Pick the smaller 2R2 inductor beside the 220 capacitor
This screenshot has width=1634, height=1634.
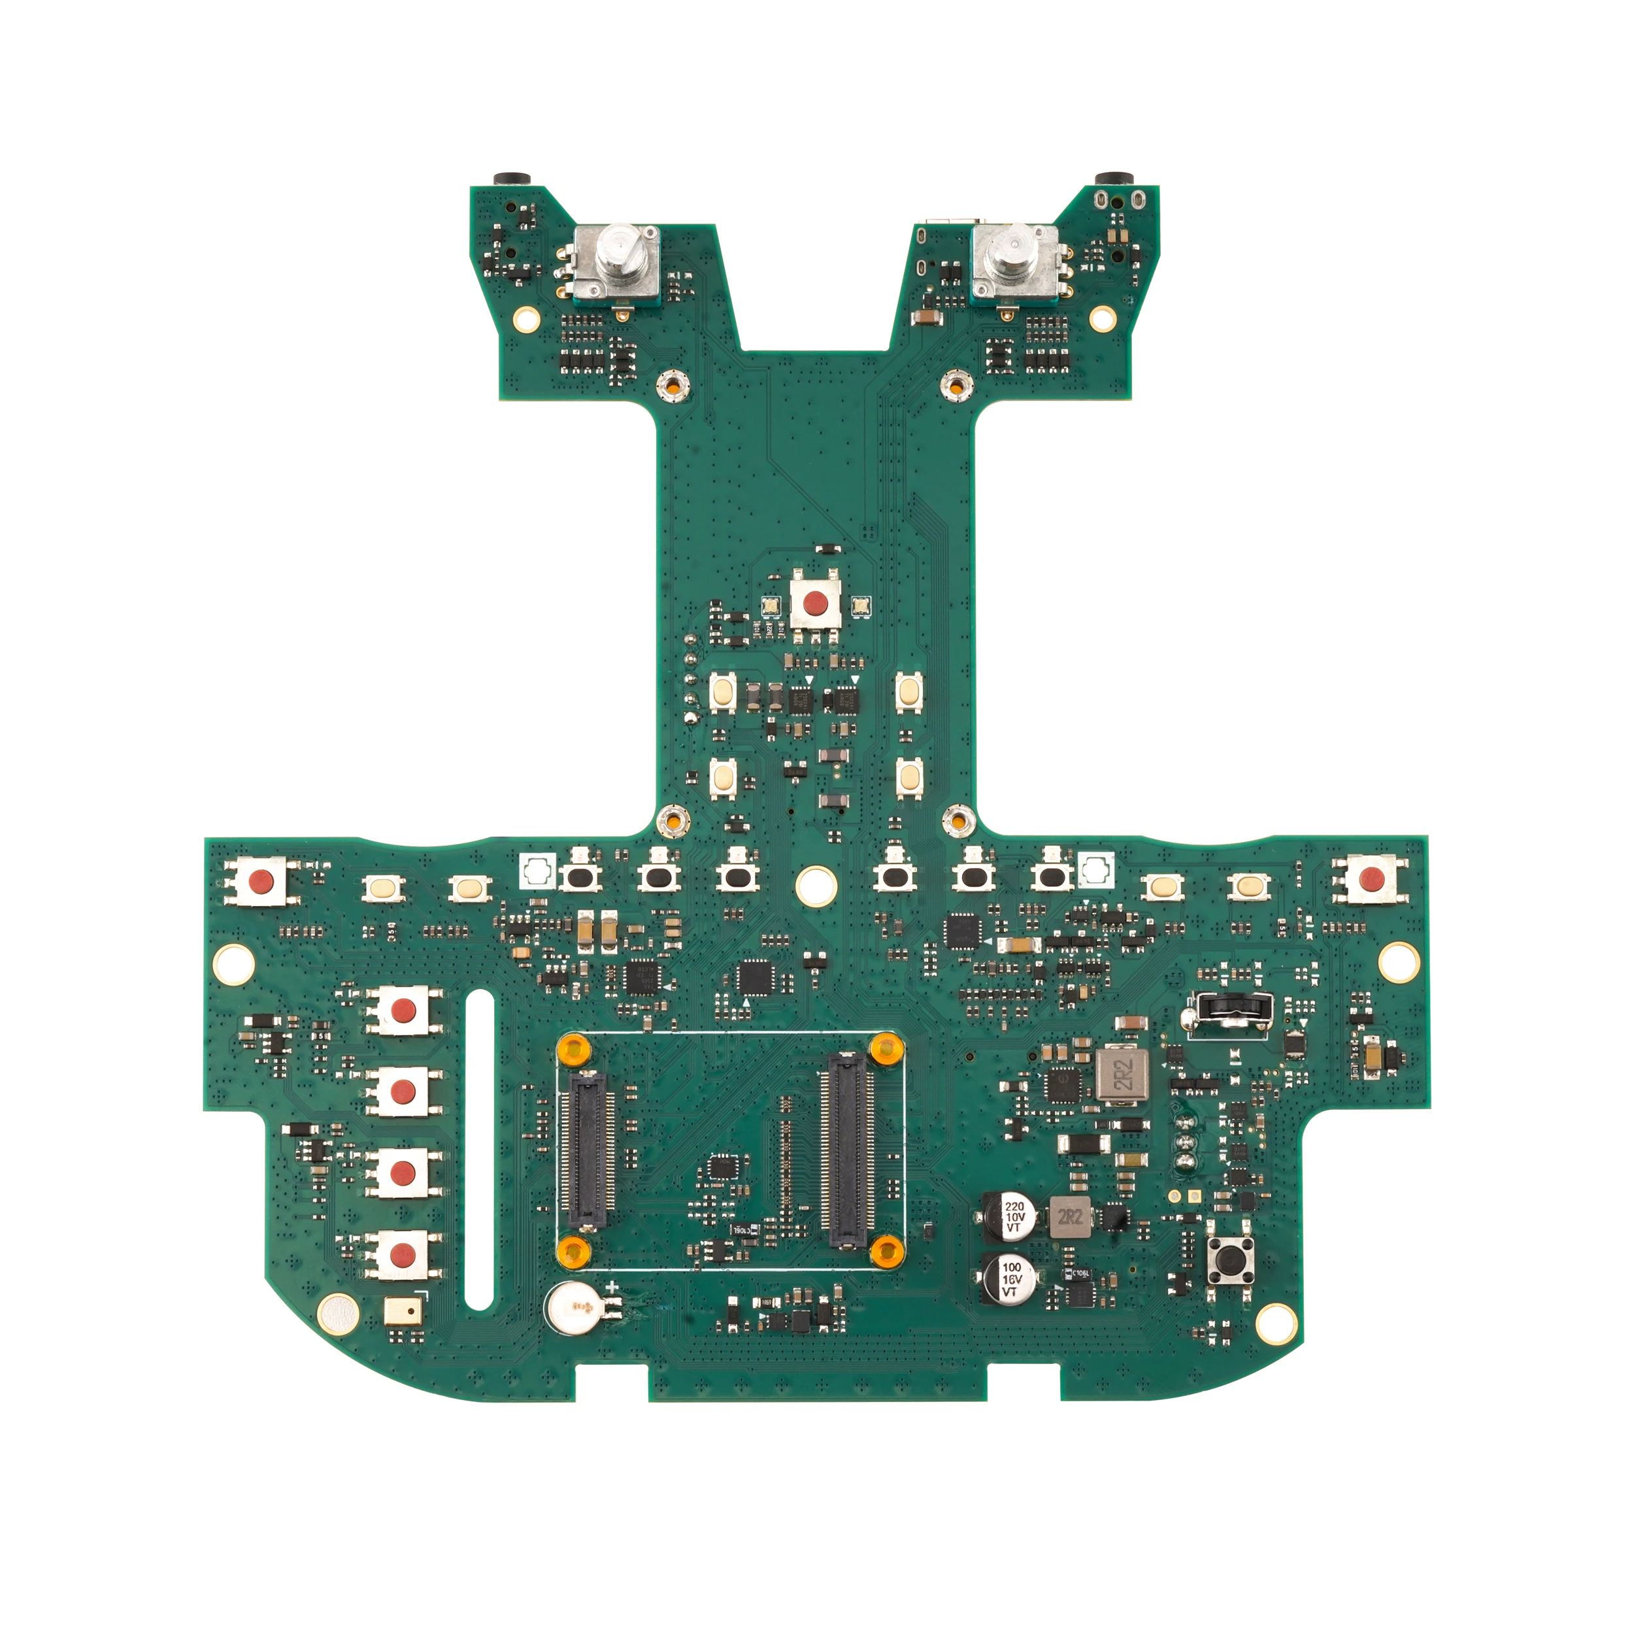tap(1070, 1217)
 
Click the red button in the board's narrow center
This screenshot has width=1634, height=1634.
tap(815, 603)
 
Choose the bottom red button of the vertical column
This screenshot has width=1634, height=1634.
tap(403, 1255)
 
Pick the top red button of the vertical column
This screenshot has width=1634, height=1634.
tap(403, 1010)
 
